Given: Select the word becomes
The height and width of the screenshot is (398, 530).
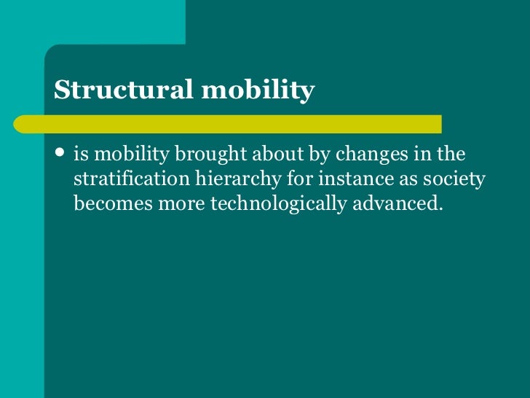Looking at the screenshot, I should [104, 203].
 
